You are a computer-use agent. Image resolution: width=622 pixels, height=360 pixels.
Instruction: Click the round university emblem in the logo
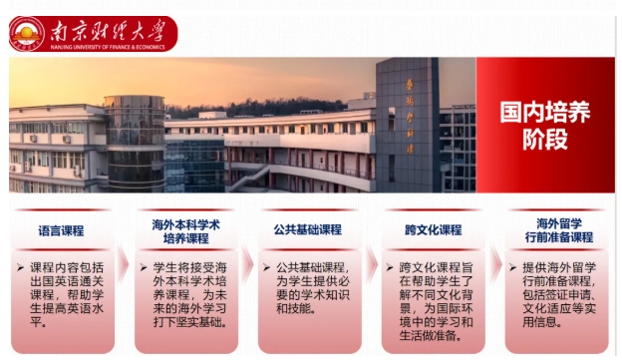click(x=26, y=33)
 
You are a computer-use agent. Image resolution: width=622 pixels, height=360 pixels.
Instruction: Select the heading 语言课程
click(x=62, y=230)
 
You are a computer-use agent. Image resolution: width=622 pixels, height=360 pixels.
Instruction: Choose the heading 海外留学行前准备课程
click(x=555, y=231)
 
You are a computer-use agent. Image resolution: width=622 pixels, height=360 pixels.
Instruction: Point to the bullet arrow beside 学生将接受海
click(x=145, y=268)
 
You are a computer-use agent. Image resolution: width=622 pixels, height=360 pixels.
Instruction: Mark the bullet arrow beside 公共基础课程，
click(x=267, y=268)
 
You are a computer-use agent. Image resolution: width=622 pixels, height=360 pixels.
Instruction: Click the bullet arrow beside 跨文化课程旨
click(x=390, y=268)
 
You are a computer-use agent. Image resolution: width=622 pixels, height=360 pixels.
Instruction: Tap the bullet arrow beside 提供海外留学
click(x=513, y=268)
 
